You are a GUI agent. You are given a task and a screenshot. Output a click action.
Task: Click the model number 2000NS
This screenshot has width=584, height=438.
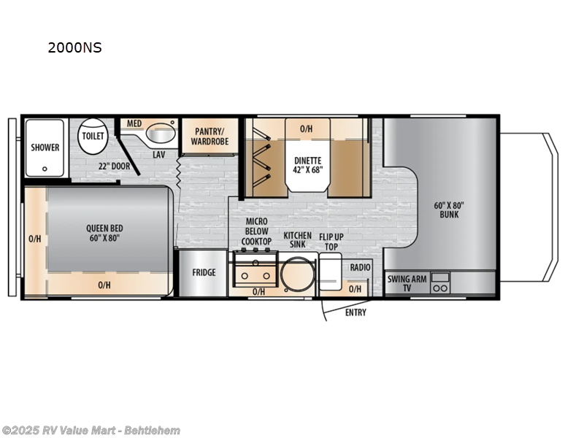click(74, 48)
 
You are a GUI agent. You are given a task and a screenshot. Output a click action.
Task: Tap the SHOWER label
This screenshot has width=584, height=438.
click(45, 147)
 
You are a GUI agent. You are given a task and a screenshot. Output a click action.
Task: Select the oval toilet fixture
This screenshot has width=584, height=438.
click(93, 137)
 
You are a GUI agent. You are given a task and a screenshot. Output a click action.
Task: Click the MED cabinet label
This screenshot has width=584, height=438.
click(134, 123)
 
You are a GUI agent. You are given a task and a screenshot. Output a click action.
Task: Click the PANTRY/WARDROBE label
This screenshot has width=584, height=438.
click(211, 136)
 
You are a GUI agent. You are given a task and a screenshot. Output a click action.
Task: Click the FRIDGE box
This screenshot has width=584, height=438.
click(204, 272)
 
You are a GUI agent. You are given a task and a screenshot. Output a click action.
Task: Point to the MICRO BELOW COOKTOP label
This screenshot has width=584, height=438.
click(256, 231)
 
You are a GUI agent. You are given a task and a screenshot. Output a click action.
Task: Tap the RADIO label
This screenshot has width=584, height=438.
click(360, 268)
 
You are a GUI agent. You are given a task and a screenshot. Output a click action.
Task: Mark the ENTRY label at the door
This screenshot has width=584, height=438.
click(356, 312)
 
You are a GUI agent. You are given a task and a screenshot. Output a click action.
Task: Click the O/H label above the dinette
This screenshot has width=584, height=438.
click(307, 129)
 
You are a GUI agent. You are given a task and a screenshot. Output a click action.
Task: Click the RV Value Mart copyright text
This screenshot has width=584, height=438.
click(91, 431)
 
